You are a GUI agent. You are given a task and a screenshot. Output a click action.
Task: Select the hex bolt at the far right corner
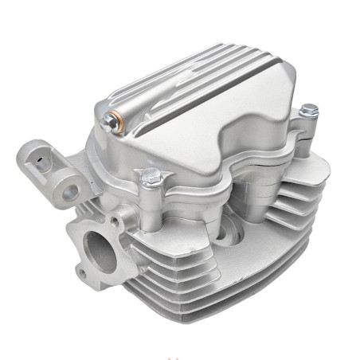(x=308, y=111)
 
